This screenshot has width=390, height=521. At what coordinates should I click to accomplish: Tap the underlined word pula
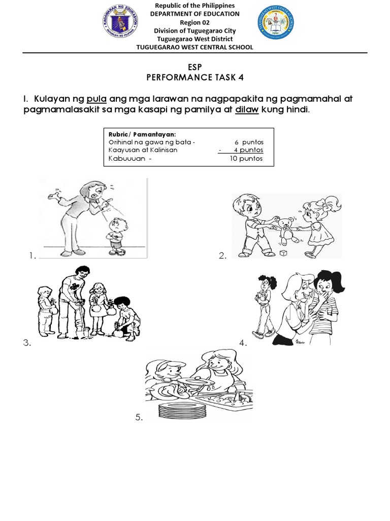[96, 99]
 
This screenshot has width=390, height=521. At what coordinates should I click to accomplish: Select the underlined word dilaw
[247, 110]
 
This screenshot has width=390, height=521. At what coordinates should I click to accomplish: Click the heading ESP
[195, 66]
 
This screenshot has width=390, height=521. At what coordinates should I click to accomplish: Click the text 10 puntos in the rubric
[245, 158]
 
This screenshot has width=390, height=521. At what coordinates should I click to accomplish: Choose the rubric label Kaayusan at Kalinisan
[142, 150]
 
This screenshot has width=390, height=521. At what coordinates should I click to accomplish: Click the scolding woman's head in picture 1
[101, 192]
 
